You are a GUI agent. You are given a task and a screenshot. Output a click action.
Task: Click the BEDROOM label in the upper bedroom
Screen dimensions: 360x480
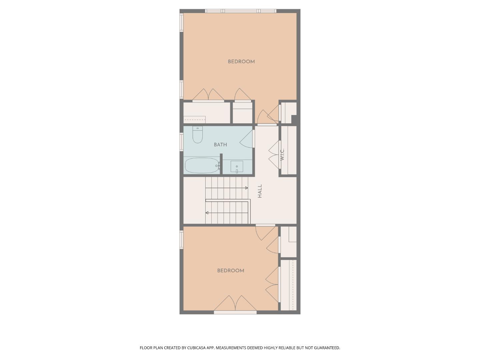click(241, 62)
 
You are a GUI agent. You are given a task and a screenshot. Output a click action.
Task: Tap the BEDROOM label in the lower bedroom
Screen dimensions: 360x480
click(230, 271)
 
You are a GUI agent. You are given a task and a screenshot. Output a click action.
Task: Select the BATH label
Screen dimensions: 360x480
click(220, 145)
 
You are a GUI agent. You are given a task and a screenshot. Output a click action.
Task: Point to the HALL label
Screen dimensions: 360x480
click(260, 191)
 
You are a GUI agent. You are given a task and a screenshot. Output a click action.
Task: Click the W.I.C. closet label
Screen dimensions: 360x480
click(282, 154)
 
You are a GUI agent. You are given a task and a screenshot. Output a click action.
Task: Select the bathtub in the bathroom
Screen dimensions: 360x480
click(202, 165)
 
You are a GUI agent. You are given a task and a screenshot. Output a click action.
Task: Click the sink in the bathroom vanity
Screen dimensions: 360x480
click(237, 166)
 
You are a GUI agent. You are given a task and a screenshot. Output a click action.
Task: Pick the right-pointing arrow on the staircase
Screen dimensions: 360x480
click(246, 188)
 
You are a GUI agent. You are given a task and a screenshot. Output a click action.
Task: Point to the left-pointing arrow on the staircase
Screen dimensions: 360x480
click(207, 213)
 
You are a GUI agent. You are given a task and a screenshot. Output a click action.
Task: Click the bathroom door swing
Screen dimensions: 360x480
click(247, 139)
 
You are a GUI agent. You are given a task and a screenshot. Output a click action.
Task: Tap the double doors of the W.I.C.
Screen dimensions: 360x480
click(274, 154)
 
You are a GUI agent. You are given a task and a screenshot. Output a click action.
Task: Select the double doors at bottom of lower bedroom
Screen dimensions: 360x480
click(235, 303)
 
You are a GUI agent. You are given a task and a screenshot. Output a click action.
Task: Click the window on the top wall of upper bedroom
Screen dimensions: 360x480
click(241, 11)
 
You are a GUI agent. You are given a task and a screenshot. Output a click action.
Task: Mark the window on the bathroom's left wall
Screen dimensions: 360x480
click(182, 142)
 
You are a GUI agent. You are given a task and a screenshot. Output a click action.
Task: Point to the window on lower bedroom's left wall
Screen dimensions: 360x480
click(182, 240)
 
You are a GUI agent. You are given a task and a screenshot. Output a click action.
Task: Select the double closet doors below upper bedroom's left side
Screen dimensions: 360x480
click(208, 95)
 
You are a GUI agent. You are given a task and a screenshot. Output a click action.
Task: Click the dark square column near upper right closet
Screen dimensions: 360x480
click(294, 119)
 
